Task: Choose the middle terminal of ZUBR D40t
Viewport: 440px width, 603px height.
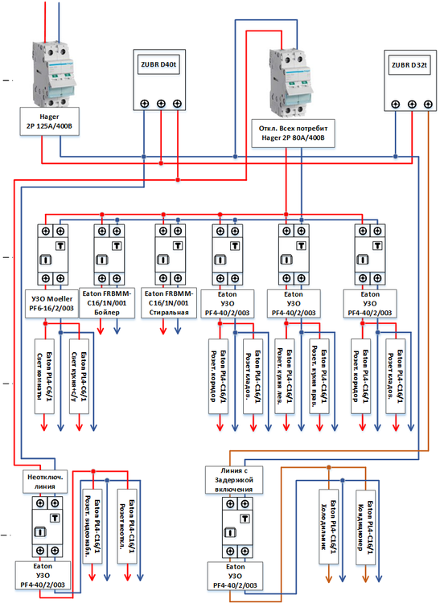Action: [x=161, y=103]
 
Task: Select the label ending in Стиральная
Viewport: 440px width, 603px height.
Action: [x=170, y=302]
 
